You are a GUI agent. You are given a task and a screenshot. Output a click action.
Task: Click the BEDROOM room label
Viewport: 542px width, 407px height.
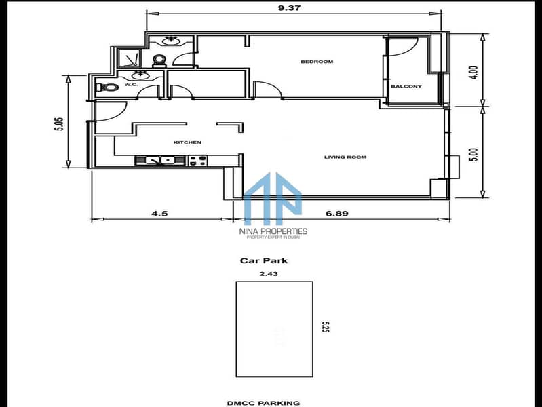point(317,62)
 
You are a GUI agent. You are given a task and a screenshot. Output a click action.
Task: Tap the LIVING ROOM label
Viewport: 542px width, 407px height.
point(345,157)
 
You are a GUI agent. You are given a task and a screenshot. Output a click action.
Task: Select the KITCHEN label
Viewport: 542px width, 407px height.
point(187,142)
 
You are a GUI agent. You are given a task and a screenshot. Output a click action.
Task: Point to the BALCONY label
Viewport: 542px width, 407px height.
point(406,86)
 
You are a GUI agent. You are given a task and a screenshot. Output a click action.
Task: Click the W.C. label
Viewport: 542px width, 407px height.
point(132,84)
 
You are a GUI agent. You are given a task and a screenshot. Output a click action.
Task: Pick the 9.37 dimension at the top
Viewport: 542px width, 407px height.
point(290,7)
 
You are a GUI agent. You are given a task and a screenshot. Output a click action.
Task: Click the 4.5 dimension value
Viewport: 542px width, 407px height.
point(159,214)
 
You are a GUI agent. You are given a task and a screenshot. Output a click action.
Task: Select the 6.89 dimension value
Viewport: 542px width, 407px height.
point(337,214)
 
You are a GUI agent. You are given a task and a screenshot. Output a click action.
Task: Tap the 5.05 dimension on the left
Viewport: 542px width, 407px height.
point(60,123)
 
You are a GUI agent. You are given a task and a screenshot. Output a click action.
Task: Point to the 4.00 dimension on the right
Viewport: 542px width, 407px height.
point(474,73)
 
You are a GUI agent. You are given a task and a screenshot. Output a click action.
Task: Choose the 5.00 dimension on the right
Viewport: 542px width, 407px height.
point(474,155)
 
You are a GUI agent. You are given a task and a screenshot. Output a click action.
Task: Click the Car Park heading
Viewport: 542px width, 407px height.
point(264,260)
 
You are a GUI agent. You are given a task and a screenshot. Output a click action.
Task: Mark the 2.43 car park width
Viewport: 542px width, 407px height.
point(269,274)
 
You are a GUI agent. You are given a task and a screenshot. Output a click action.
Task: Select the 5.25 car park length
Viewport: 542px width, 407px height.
point(326,327)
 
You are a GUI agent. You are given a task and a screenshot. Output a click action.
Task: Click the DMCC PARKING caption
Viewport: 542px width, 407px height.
point(263,403)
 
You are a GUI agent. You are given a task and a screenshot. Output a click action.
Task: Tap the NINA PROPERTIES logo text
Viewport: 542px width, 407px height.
point(273,231)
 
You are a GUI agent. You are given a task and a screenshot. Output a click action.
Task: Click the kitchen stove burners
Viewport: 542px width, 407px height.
point(197,161)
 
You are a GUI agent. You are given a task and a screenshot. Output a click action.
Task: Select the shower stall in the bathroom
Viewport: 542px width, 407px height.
point(130,58)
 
